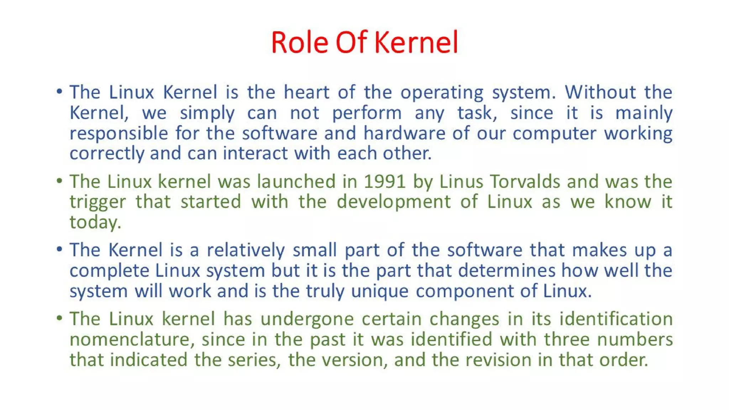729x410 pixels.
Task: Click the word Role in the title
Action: [299, 43]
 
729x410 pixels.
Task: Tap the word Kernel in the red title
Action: [416, 43]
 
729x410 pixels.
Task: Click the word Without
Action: [600, 92]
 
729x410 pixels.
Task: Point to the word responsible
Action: [119, 134]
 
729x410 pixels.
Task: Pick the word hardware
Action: [404, 133]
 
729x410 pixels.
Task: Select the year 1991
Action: [385, 182]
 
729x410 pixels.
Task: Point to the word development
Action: [394, 202]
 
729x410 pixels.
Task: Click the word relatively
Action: [246, 250]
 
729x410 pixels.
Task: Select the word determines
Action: [507, 270]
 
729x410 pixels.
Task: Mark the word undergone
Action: [307, 319]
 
